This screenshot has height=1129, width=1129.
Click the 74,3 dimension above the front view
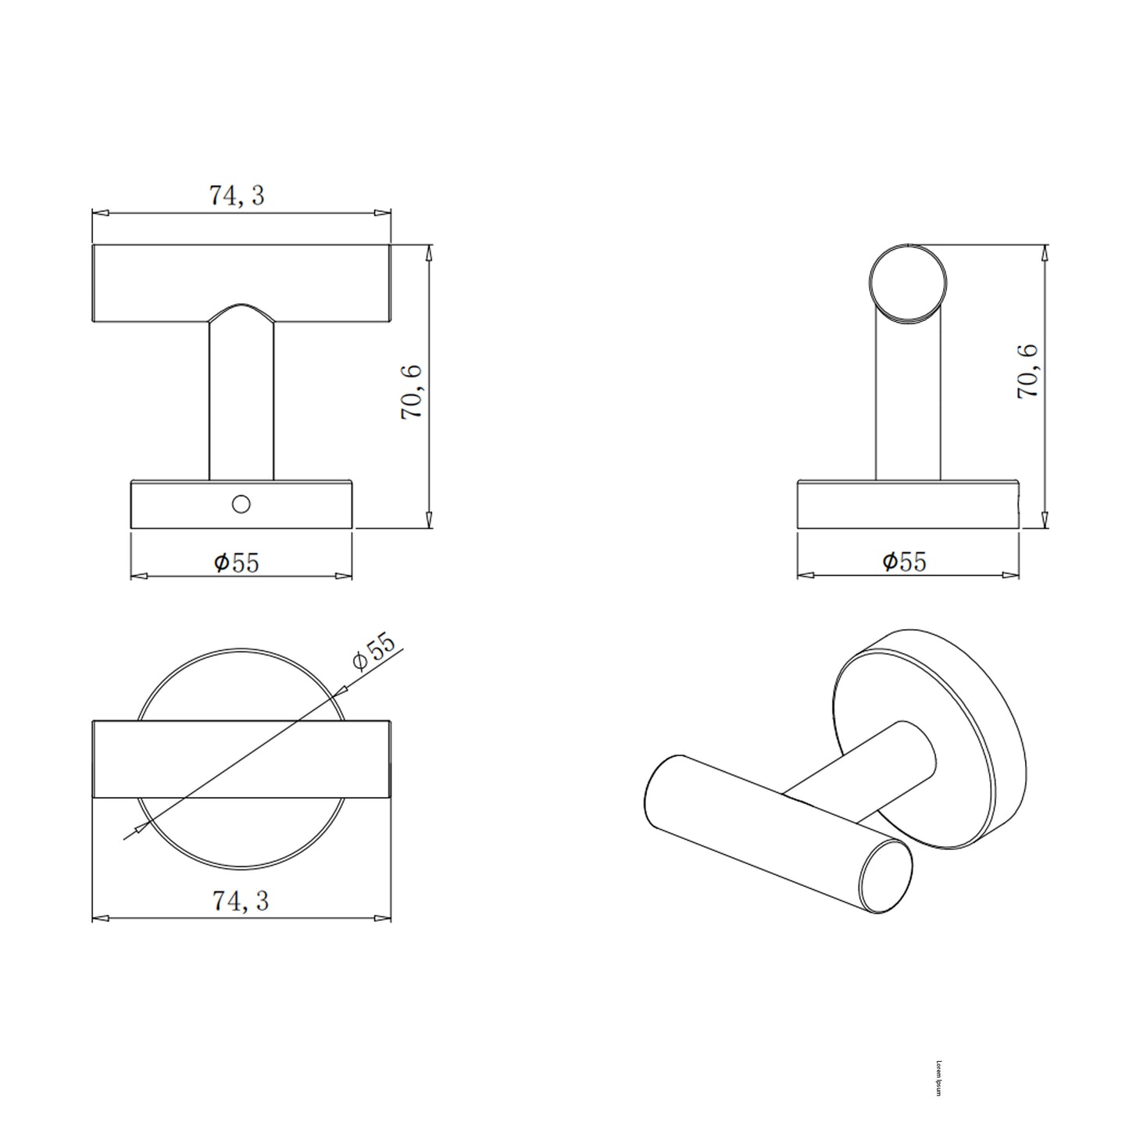pyautogui.click(x=236, y=195)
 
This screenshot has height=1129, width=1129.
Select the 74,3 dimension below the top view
pyautogui.click(x=240, y=901)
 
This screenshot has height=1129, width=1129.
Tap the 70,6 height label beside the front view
pyautogui.click(x=412, y=391)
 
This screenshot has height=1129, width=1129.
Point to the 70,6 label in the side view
pyautogui.click(x=1027, y=372)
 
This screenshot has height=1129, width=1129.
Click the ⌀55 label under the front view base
pyautogui.click(x=236, y=562)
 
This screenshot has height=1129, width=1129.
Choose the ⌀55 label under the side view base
pyautogui.click(x=904, y=561)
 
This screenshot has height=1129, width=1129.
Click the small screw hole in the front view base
pyautogui.click(x=241, y=505)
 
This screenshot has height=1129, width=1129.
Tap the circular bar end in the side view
pyautogui.click(x=908, y=284)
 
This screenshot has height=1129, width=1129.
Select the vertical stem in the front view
pyautogui.click(x=241, y=398)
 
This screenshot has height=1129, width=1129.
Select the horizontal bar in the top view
pyautogui.click(x=241, y=759)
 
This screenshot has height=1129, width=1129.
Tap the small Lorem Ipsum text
pyautogui.click(x=938, y=1077)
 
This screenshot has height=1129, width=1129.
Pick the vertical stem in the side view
pyautogui.click(x=908, y=406)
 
